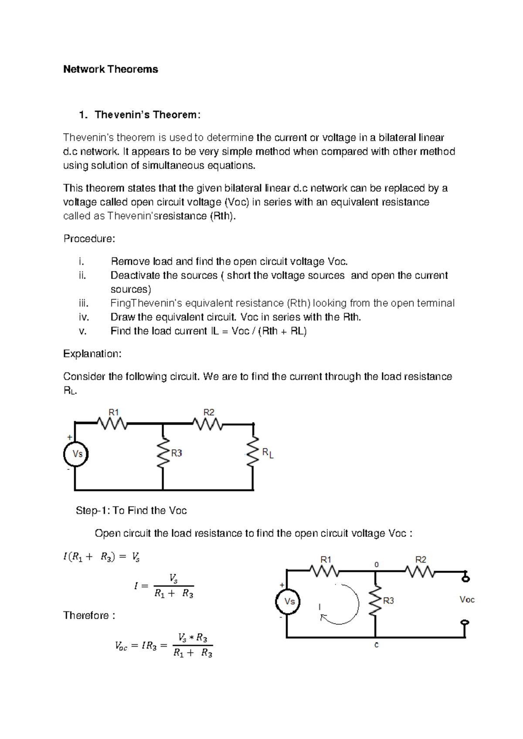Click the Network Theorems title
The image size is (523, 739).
[x=110, y=69]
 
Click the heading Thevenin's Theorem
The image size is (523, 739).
[x=147, y=115]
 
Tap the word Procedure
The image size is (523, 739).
[x=89, y=239]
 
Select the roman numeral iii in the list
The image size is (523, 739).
[x=83, y=303]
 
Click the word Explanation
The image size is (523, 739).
[x=92, y=354]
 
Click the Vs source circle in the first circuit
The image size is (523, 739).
[x=76, y=454]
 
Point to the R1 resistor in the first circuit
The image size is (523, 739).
[x=112, y=423]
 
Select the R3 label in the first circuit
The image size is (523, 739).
[x=177, y=453]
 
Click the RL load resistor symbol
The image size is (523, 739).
[x=253, y=452]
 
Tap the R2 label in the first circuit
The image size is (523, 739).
[x=209, y=412]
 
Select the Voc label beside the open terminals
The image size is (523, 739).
[x=467, y=600]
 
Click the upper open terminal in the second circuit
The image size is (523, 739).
[x=465, y=578]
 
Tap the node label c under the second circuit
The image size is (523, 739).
[x=377, y=645]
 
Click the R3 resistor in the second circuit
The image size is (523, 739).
[x=375, y=601]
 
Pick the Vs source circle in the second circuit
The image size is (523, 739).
[x=288, y=602]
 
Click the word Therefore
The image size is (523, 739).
[x=89, y=615]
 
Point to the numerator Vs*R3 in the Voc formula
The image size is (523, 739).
[x=193, y=637]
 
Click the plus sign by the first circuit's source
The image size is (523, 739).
[x=69, y=437]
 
